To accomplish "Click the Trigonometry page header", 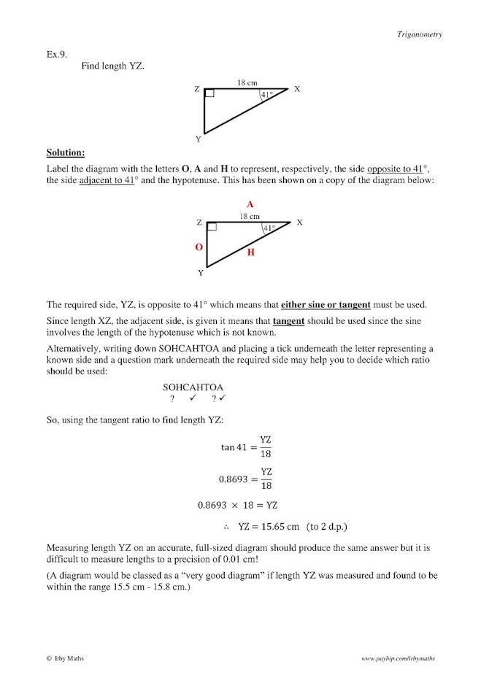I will [419, 34].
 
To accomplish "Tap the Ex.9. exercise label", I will [57, 55].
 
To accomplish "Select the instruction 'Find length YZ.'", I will [112, 66].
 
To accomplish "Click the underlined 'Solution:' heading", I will [66, 153].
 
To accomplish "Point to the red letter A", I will [250, 205].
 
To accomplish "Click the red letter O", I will [198, 247].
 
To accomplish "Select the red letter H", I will [250, 252].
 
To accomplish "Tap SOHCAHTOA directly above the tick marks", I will [193, 387].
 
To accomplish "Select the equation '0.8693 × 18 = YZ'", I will [238, 504].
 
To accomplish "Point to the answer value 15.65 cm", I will [269, 525].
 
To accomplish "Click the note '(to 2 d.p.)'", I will [333, 525].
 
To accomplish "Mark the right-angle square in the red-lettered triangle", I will [211, 226].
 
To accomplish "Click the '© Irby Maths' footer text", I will [65, 658].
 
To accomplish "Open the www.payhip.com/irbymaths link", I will [398, 658].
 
